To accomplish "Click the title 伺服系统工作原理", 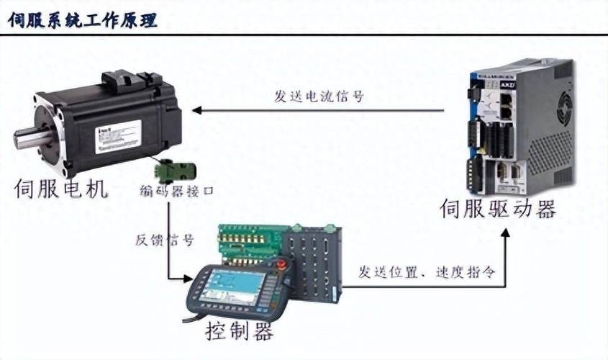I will point(83,19).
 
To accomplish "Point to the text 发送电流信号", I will point(318,96).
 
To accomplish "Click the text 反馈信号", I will point(165,240).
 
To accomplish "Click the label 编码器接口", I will point(176,190).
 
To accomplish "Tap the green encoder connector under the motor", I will point(173,170).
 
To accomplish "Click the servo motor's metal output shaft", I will point(25,137).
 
